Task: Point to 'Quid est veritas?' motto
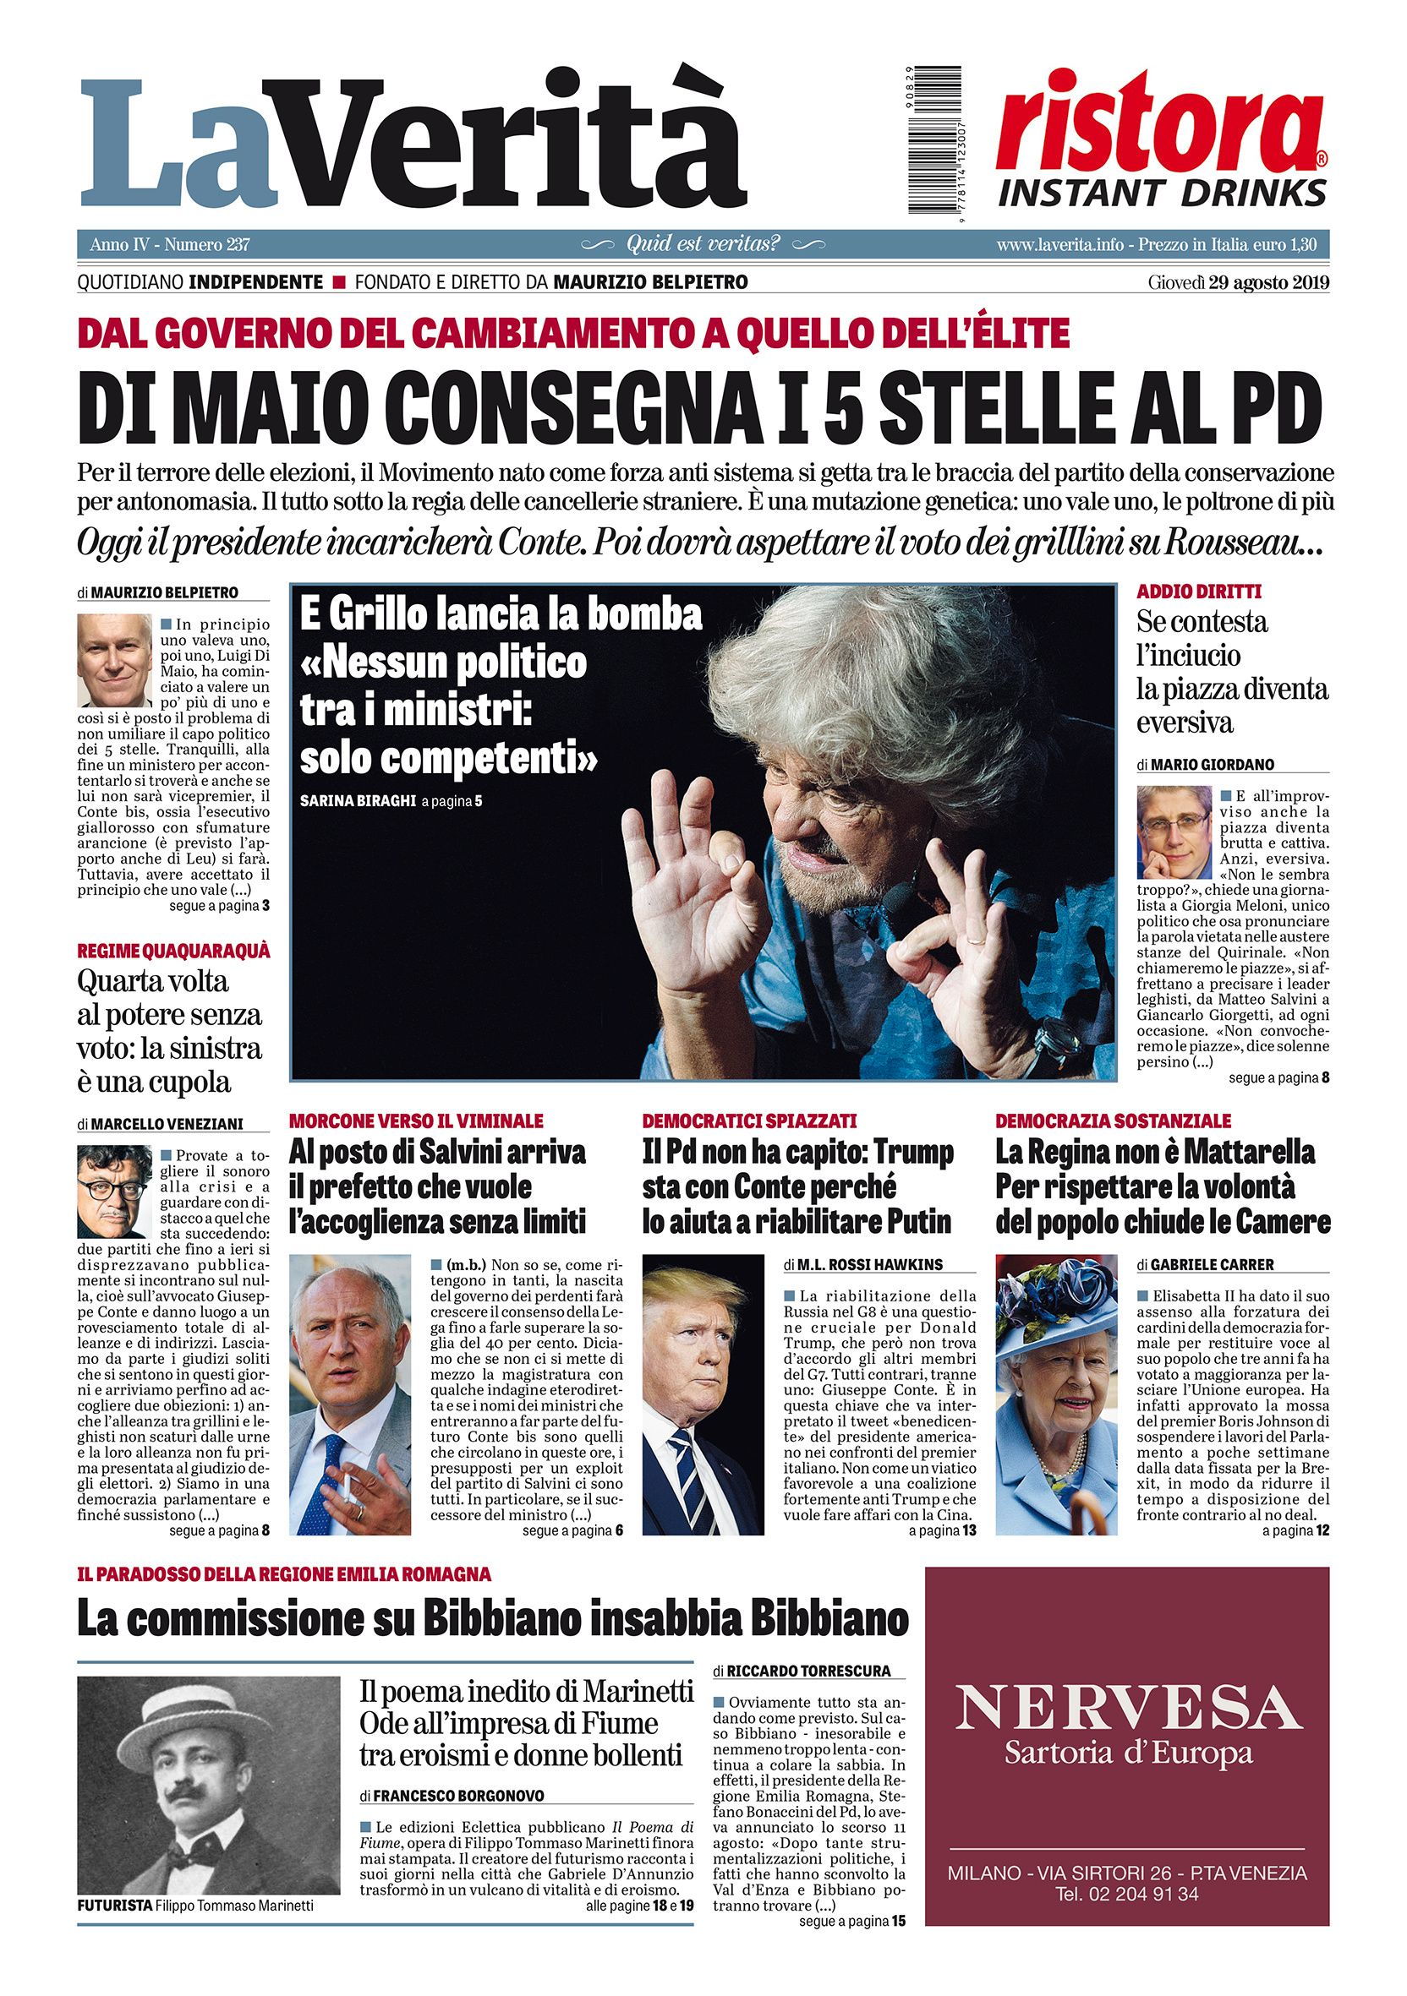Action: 703,244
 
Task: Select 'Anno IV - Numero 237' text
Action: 170,245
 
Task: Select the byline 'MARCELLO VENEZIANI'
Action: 166,1124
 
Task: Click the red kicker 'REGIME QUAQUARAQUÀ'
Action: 173,950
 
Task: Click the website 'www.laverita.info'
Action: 1063,245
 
